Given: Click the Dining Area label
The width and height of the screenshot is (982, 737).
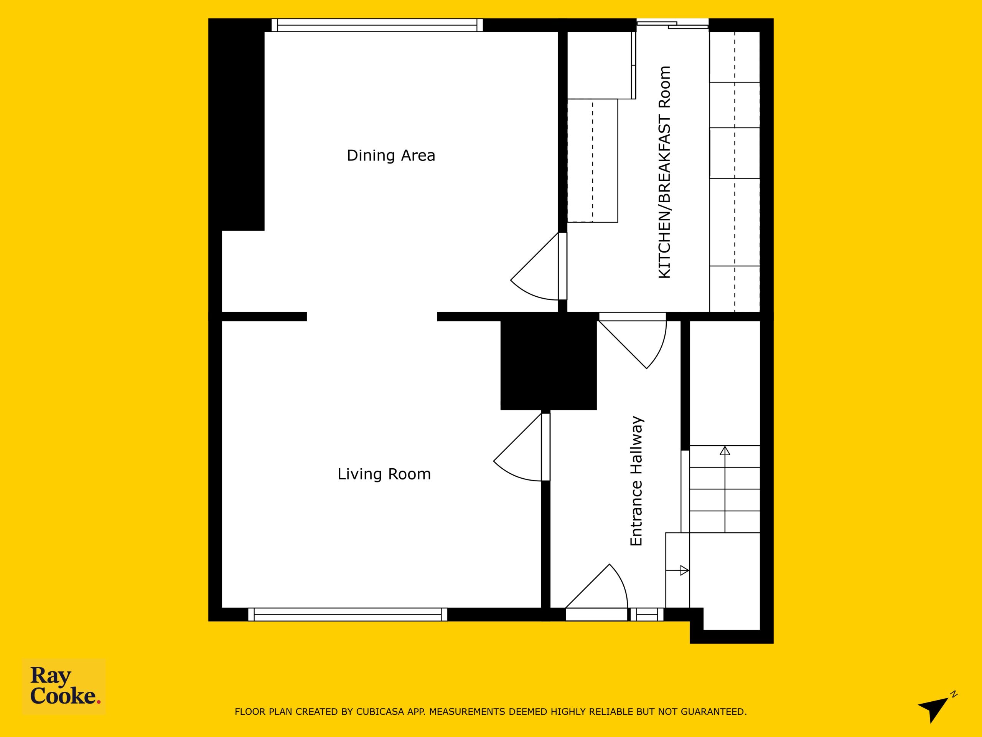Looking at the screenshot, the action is click(x=390, y=155).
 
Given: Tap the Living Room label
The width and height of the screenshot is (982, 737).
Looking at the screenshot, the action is click(x=384, y=474).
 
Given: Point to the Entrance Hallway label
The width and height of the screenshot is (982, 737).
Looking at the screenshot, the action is click(x=637, y=481).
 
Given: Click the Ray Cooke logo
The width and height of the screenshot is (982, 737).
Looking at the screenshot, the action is click(x=64, y=686).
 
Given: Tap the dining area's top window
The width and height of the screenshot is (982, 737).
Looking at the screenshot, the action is click(x=377, y=25).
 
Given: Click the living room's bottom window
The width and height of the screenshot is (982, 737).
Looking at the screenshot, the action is click(x=348, y=615).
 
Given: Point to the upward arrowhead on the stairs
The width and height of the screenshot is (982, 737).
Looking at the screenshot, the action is click(x=725, y=451).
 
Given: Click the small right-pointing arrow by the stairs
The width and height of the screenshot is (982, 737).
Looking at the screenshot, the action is click(x=684, y=570).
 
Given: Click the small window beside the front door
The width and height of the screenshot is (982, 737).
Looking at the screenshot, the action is click(x=647, y=615).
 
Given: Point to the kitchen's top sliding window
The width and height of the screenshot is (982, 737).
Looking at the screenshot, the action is click(x=672, y=25).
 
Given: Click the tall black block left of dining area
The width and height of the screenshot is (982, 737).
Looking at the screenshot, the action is click(x=237, y=124).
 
